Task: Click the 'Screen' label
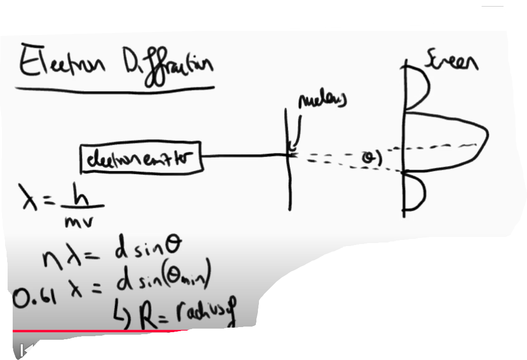[x=453, y=63]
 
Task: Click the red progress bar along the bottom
[x=101, y=331]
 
